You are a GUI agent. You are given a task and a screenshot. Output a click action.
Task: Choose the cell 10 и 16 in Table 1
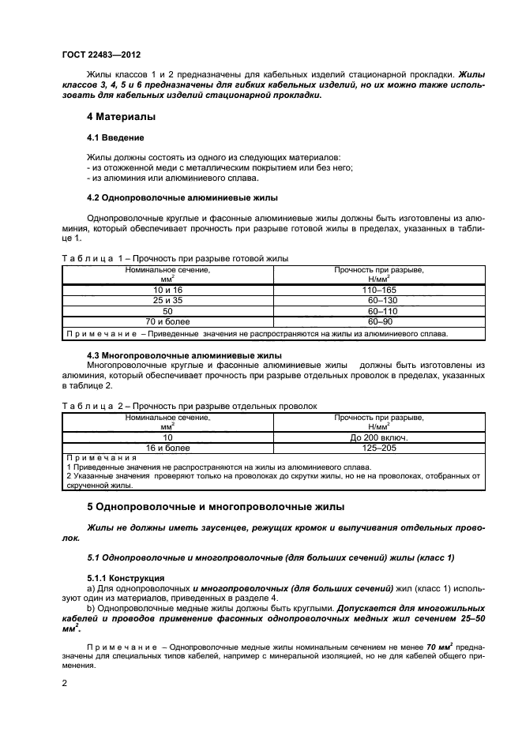click(x=167, y=291)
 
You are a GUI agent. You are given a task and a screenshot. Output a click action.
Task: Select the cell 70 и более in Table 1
click(x=167, y=323)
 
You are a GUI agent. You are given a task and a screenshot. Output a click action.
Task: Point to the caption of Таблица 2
click(x=188, y=405)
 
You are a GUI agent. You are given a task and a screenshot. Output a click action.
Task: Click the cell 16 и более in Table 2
click(x=167, y=447)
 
